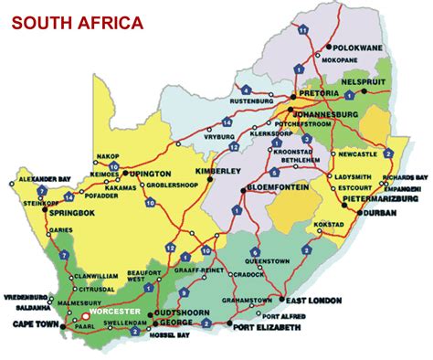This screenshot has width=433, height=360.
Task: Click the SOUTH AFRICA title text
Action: pos(77,22)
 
